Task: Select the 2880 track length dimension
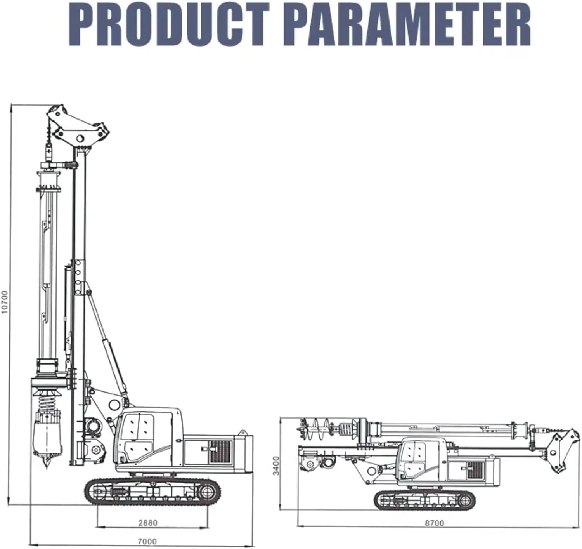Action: [148, 523]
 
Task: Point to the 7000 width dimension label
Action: [147, 541]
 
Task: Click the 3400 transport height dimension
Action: [276, 465]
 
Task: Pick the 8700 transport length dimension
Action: [434, 523]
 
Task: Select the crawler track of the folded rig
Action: [424, 500]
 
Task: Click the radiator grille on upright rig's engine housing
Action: [220, 451]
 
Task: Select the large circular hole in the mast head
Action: [80, 138]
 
